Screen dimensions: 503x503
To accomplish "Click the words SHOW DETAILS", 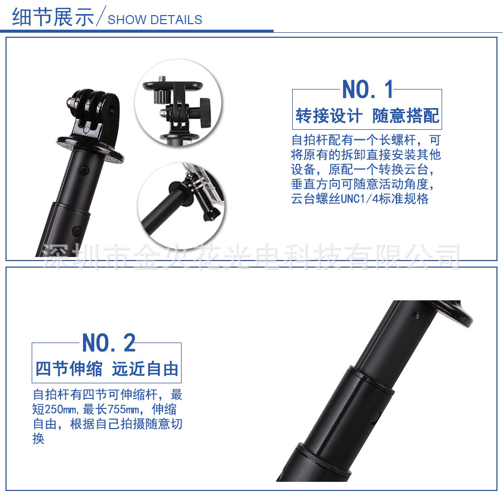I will [x=155, y=20].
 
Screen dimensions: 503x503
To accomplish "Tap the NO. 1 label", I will [x=368, y=90].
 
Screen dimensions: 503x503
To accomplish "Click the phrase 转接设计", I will [x=328, y=116].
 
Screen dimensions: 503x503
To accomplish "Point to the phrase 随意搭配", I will [x=405, y=116].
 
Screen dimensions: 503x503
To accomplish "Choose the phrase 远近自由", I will [x=145, y=369].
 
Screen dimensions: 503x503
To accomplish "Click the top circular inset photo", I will [x=173, y=104].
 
